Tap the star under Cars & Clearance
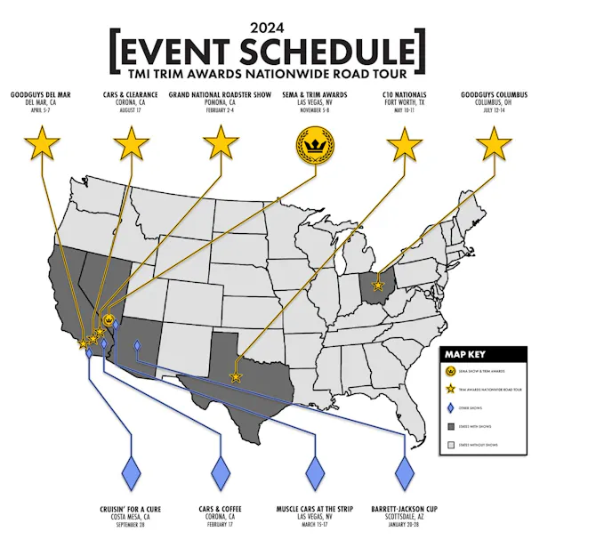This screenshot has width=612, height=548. (x=131, y=143)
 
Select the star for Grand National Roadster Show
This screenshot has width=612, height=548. (x=221, y=143)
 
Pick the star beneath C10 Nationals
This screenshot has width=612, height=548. (x=405, y=143)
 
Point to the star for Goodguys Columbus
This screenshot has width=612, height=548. (x=495, y=143)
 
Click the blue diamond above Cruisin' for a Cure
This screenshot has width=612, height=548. (x=131, y=468)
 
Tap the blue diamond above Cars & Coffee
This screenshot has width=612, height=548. (x=220, y=468)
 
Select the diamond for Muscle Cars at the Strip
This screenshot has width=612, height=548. (x=314, y=468)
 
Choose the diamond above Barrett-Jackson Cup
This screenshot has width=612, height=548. (x=405, y=468)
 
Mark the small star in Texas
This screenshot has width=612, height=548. (x=236, y=377)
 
